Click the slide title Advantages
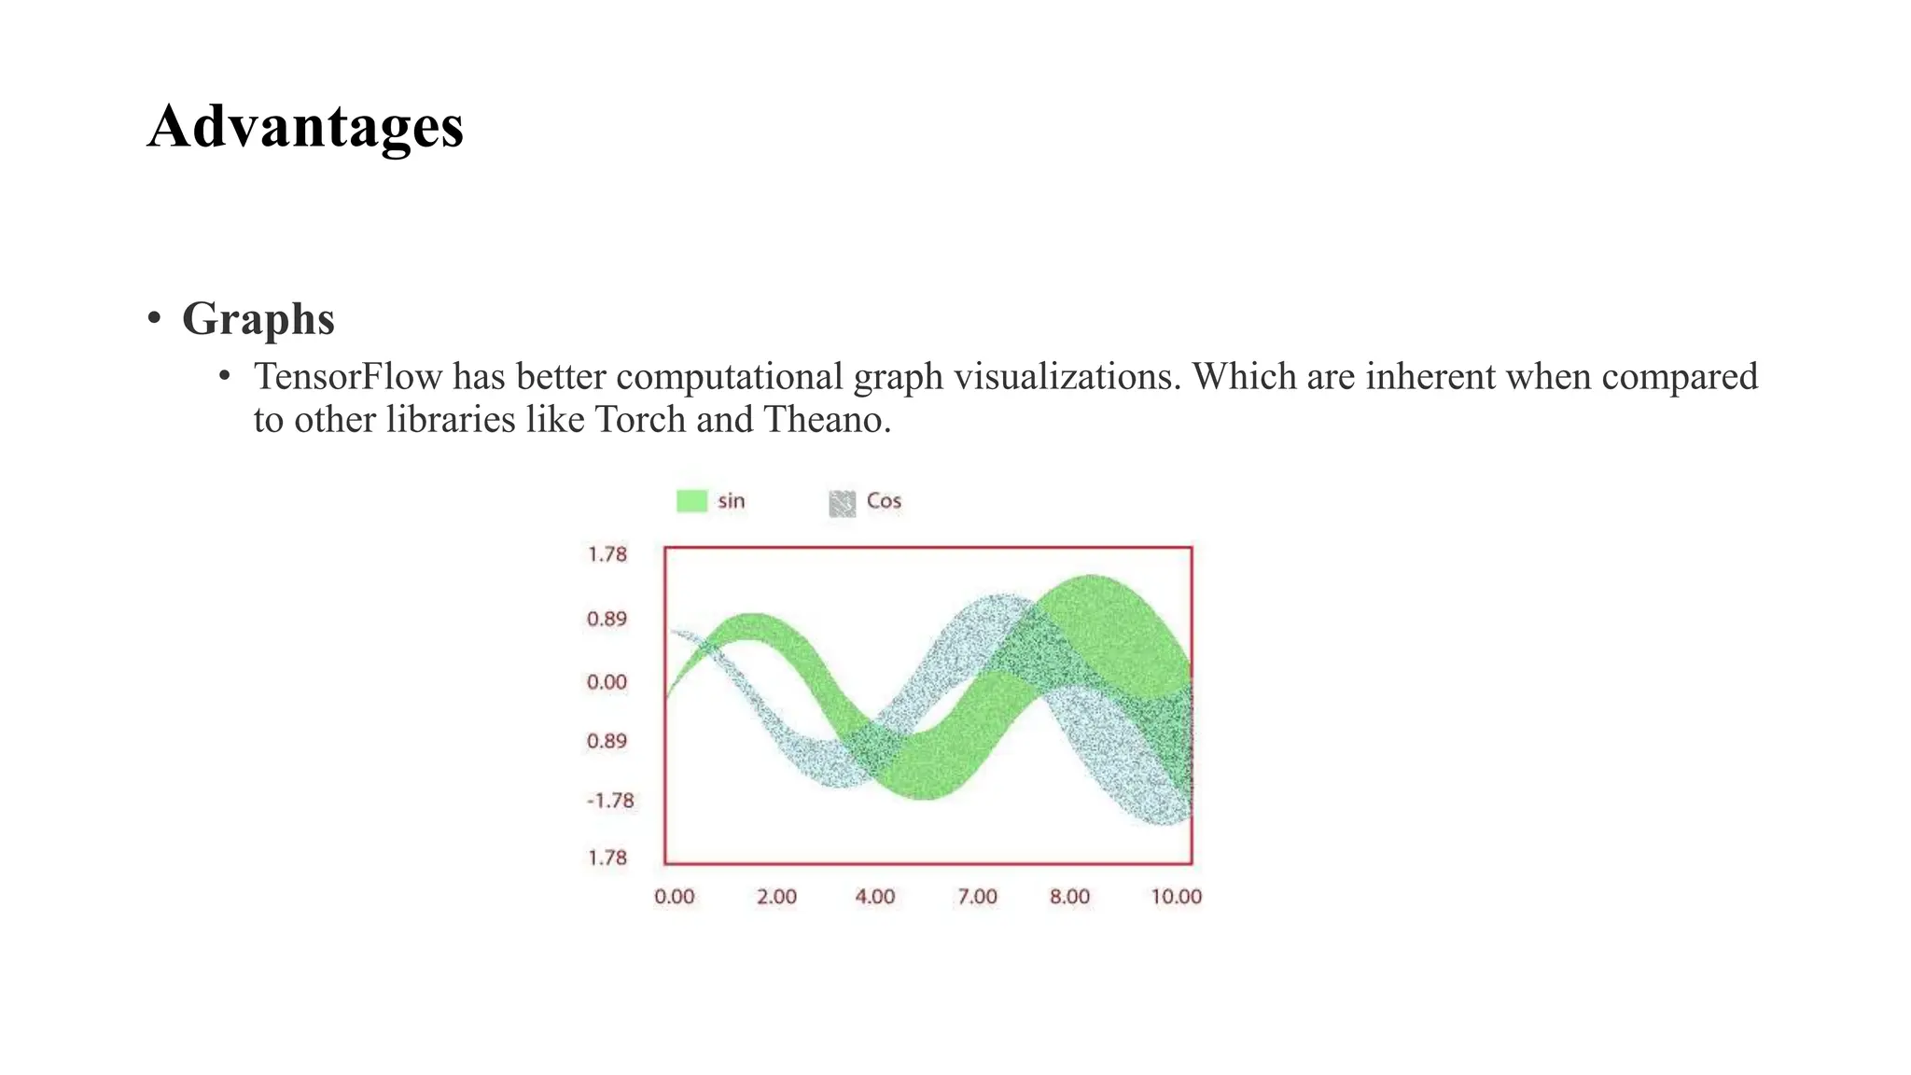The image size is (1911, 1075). coord(305,127)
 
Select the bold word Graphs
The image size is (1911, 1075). coord(258,319)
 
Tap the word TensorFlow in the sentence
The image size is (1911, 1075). coord(348,377)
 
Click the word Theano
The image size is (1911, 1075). coord(826,420)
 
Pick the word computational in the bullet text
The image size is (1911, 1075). coord(729,377)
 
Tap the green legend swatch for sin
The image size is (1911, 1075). coord(691,501)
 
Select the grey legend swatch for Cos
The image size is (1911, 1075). coord(842,503)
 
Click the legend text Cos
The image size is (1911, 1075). coord(884,501)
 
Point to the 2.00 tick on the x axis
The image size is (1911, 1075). coord(776,897)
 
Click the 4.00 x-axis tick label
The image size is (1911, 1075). coord(875,897)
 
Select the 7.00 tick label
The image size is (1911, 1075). coord(977,897)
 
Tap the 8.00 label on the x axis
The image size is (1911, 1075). coord(1069,897)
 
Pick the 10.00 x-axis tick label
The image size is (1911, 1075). coord(1176,897)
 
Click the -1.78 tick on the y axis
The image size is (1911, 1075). coord(610,801)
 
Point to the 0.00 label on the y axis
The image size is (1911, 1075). coord(607,682)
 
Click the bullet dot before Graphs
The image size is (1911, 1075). coord(155,318)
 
